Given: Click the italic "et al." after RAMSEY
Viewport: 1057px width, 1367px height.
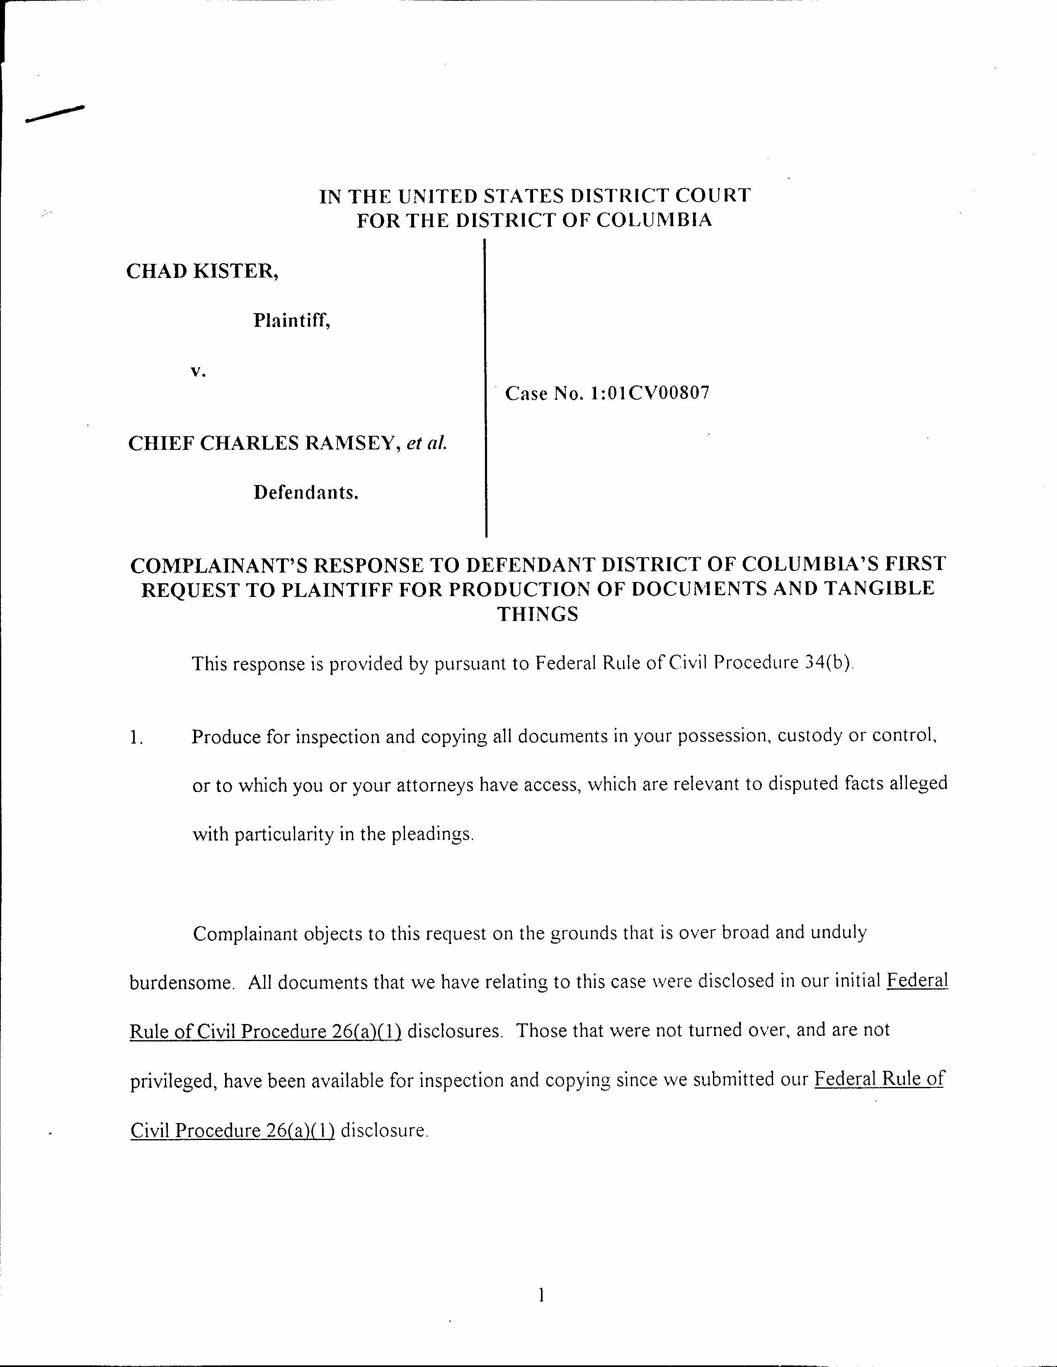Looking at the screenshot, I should click(427, 443).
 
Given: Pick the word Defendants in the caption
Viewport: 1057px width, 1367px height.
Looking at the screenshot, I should click(305, 493).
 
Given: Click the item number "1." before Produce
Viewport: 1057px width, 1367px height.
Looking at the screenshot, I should click(136, 737).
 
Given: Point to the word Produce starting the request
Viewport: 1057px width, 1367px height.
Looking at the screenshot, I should click(225, 737).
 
